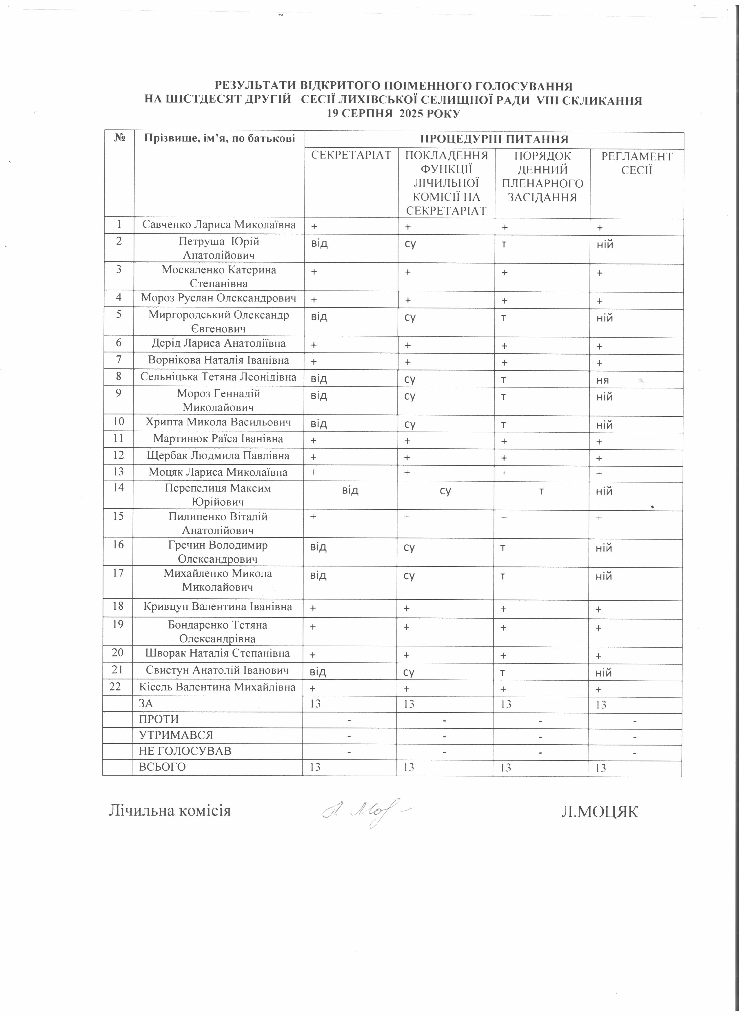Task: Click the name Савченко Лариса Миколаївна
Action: tap(219, 225)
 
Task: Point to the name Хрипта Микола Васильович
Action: tap(218, 422)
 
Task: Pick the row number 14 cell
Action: tap(118, 488)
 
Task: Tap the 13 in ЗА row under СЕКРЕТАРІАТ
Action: tap(316, 704)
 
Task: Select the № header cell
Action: tap(119, 138)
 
